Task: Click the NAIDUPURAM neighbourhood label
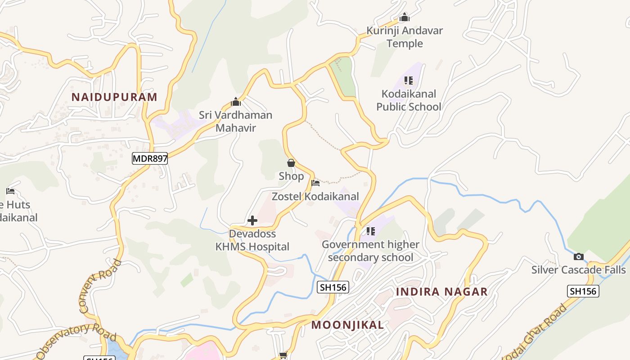pyautogui.click(x=114, y=97)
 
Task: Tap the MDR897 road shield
pyautogui.click(x=150, y=158)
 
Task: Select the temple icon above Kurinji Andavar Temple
pyautogui.click(x=405, y=18)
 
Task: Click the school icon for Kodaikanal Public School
pyautogui.click(x=408, y=81)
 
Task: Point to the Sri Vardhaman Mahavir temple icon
pyautogui.click(x=235, y=102)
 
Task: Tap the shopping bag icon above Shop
pyautogui.click(x=291, y=163)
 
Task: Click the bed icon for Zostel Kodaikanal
pyautogui.click(x=315, y=183)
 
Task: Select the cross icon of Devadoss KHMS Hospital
pyautogui.click(x=252, y=220)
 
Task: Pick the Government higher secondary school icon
pyautogui.click(x=370, y=231)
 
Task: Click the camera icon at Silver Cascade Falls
pyautogui.click(x=579, y=257)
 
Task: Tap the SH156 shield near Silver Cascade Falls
pyautogui.click(x=583, y=291)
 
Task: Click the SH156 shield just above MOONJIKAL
pyautogui.click(x=333, y=287)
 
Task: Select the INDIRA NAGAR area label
pyautogui.click(x=441, y=292)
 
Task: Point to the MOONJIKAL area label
pyautogui.click(x=348, y=325)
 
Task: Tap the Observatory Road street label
pyautogui.click(x=76, y=340)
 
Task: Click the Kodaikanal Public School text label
pyautogui.click(x=409, y=100)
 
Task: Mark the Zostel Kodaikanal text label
pyautogui.click(x=315, y=197)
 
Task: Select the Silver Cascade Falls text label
pyautogui.click(x=578, y=270)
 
